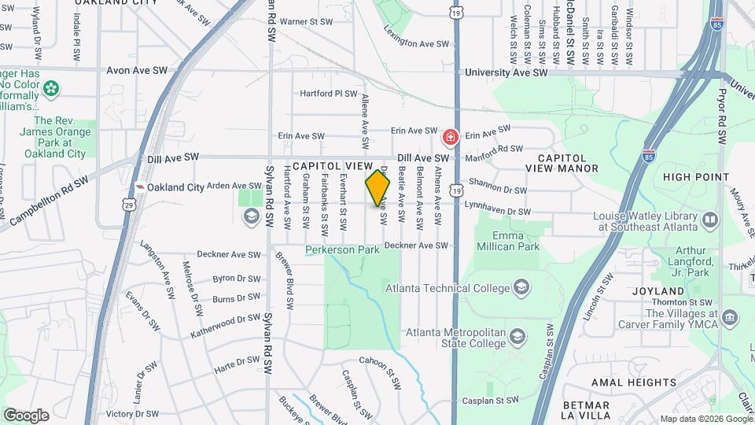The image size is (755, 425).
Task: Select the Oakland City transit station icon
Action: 139,187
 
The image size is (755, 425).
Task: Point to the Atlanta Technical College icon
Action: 521,286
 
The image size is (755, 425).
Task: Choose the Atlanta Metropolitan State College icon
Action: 517,338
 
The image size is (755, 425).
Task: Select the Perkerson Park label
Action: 342,250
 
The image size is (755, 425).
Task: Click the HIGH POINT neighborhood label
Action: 694,177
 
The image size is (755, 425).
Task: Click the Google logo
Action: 26,415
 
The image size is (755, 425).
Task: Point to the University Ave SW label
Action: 506,72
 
